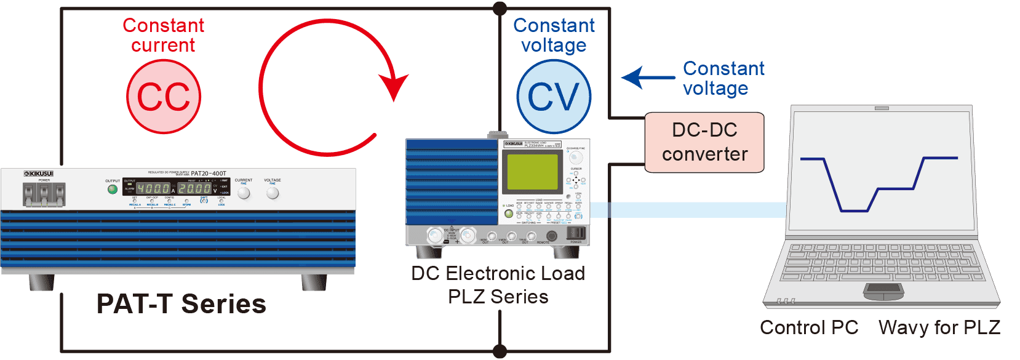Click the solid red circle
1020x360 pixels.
[x=164, y=97]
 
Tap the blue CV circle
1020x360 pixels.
[x=554, y=97]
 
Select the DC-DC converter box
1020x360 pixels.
[x=704, y=142]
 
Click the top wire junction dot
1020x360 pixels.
[x=500, y=9]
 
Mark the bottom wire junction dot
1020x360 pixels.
[x=500, y=351]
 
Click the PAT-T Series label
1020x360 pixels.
[x=181, y=304]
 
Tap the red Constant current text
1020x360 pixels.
[x=163, y=35]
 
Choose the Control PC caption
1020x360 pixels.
[x=809, y=327]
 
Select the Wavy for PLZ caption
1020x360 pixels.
[x=939, y=327]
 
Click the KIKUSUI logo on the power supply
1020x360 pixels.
[x=39, y=174]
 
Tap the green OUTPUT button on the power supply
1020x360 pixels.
[x=112, y=190]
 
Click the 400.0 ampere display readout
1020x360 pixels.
[x=153, y=189]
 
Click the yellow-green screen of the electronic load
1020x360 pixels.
[x=532, y=172]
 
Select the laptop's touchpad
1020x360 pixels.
[x=883, y=289]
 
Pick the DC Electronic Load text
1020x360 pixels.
[x=498, y=273]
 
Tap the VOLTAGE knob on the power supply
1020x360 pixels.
[x=273, y=193]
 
